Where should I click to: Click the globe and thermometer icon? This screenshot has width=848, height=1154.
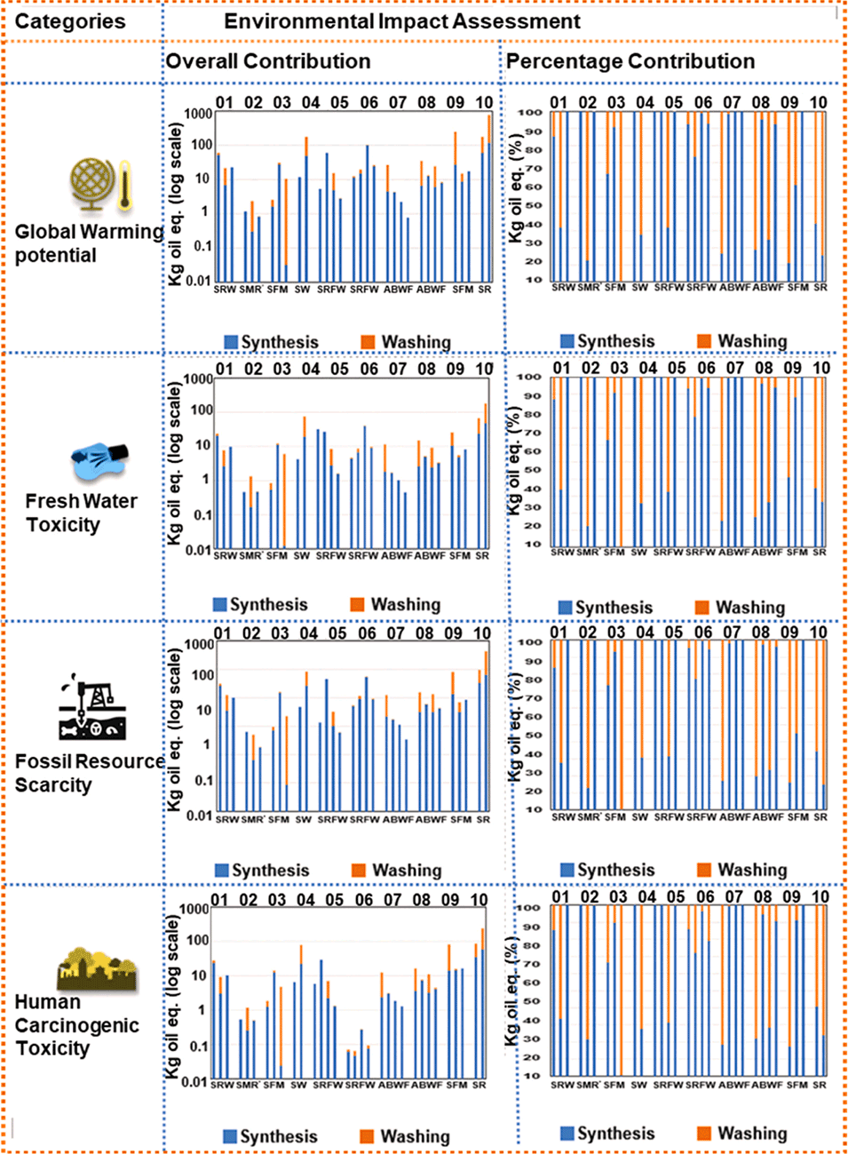click(x=101, y=186)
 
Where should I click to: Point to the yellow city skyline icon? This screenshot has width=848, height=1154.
click(x=98, y=968)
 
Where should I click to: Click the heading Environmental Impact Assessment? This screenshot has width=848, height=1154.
click(x=401, y=21)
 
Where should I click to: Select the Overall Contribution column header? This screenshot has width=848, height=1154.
click(x=268, y=61)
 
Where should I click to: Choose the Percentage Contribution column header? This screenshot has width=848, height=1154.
click(x=630, y=61)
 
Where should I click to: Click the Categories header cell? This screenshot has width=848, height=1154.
click(x=70, y=21)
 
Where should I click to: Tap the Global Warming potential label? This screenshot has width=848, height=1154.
click(x=88, y=243)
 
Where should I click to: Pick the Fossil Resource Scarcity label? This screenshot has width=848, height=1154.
click(x=88, y=773)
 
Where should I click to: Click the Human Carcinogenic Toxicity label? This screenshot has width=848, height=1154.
click(x=76, y=1025)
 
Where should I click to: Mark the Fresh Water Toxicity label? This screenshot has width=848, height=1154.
click(x=81, y=513)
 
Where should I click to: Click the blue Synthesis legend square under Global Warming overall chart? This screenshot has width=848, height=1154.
click(x=231, y=342)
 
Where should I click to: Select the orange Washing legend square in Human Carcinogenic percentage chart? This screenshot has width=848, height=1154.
click(x=704, y=1134)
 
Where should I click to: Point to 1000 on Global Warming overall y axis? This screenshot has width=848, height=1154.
click(x=198, y=113)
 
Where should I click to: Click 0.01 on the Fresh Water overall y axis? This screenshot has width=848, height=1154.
click(x=198, y=550)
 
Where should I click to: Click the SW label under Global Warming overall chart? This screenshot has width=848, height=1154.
click(x=302, y=290)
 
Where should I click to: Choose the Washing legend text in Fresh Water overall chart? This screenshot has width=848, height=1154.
click(x=405, y=604)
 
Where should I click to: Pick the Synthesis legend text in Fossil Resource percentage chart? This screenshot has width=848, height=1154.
click(x=615, y=870)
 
